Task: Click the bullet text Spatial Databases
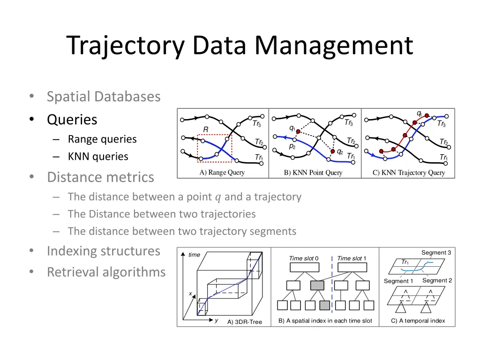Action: [x=104, y=97]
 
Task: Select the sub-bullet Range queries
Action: [x=102, y=139]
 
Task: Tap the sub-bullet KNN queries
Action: [x=98, y=157]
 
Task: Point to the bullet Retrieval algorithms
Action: [x=106, y=272]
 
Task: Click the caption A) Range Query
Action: [x=222, y=172]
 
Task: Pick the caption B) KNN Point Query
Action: [x=313, y=173]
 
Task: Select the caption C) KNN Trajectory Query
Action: [x=409, y=173]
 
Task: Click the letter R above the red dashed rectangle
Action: [x=205, y=129]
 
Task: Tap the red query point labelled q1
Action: [x=298, y=132]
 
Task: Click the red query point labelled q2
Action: [x=333, y=151]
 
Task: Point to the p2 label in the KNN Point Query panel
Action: [x=292, y=146]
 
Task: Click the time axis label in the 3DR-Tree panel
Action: [x=194, y=255]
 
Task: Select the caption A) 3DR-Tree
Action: [x=245, y=322]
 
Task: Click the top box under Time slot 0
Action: [x=304, y=267]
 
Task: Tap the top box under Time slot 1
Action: [x=352, y=267]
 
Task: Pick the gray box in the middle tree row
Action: [x=317, y=285]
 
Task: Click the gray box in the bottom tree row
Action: [x=324, y=305]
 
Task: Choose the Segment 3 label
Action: [x=436, y=253]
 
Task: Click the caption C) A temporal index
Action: [x=418, y=321]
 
